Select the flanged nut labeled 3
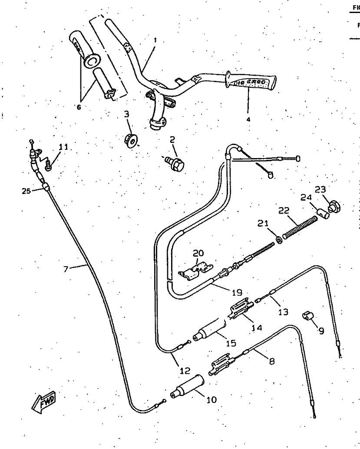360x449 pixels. tap(131, 140)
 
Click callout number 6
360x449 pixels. tap(79, 107)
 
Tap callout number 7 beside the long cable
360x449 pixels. tap(66, 270)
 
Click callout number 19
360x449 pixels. tap(237, 292)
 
